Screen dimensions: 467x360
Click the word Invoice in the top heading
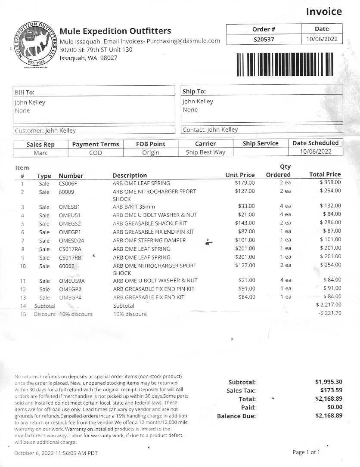[x=324, y=12]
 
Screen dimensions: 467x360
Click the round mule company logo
[x=34, y=45]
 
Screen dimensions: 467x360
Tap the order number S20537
[x=264, y=40]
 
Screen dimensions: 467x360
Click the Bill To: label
[x=25, y=92]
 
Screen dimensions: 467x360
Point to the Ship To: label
[x=194, y=91]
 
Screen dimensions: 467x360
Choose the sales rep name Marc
[x=40, y=153]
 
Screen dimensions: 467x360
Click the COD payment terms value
[x=95, y=153]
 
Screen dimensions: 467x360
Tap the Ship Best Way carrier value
[x=205, y=152]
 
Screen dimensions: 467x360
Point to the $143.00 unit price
[x=245, y=223]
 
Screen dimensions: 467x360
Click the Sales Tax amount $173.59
[x=329, y=390]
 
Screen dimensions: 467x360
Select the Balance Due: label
[x=236, y=416]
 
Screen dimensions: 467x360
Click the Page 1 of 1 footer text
[x=306, y=452]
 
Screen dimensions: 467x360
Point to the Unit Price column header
[x=240, y=175]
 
